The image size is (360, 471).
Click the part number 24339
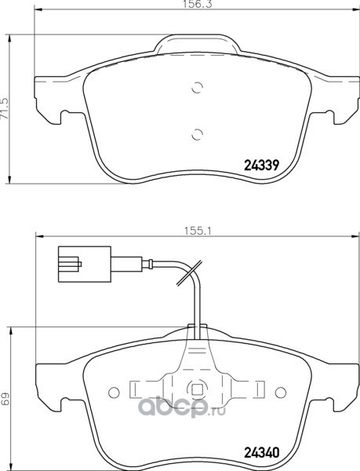point(262,165)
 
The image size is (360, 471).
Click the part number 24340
point(262,453)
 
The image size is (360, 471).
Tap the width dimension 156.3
point(198,4)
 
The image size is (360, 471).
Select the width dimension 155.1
point(198,231)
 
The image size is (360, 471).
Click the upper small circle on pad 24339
point(197,87)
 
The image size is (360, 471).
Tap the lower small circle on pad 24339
point(197,134)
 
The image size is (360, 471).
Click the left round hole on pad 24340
point(114,392)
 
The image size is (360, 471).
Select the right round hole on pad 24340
point(281,392)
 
